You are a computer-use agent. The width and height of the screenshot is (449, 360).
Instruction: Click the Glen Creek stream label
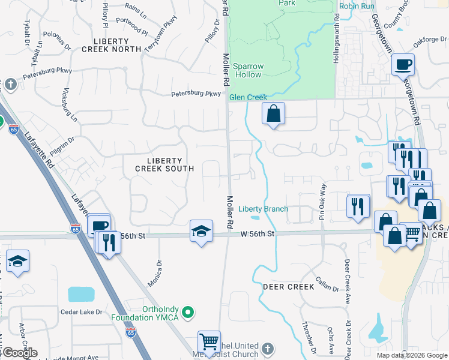click(x=248, y=97)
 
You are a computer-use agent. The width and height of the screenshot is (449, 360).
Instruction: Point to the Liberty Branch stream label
click(x=263, y=209)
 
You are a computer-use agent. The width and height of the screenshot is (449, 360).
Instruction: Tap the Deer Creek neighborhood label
click(x=288, y=287)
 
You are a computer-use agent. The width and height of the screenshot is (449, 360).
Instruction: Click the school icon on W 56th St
click(x=201, y=231)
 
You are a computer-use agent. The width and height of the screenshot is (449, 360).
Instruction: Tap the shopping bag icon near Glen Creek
click(x=273, y=113)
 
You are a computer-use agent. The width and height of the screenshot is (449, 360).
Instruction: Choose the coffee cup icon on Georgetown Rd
click(x=403, y=64)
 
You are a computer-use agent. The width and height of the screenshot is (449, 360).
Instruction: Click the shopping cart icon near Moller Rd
click(x=209, y=342)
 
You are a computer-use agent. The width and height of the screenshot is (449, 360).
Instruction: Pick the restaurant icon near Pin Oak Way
click(x=358, y=206)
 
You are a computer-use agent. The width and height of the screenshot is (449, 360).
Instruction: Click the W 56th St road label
click(x=258, y=233)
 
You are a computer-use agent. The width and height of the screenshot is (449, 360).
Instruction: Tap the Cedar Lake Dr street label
click(x=82, y=312)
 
